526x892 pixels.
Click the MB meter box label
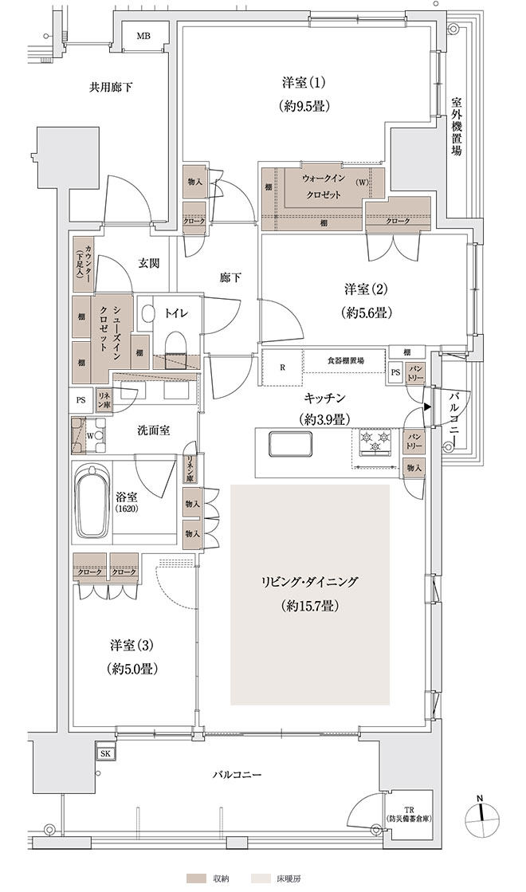point(143,37)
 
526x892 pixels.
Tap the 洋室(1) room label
point(304,83)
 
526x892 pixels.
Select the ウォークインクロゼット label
point(322,186)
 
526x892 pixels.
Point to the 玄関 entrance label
point(148,263)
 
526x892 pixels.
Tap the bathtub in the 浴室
point(92,501)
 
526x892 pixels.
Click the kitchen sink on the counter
point(290,444)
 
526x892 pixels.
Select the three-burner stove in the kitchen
point(375,441)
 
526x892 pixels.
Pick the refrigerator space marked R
point(283,367)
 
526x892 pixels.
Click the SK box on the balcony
point(106,754)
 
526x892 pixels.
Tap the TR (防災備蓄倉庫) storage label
point(407,814)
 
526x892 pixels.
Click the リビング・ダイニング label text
point(309,581)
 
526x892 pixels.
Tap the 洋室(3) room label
point(132,646)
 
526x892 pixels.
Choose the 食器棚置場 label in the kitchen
point(346,360)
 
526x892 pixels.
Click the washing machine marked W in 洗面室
point(89,436)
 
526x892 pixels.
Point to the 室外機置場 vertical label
point(456,126)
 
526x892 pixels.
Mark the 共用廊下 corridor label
point(111,88)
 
